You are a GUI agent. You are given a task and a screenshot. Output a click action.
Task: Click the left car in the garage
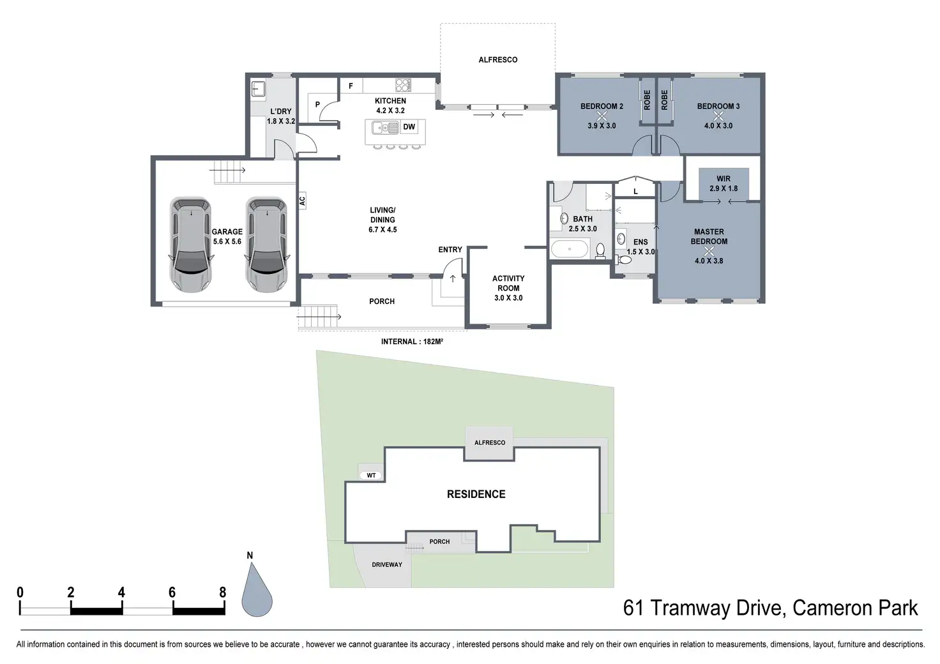pos(190,245)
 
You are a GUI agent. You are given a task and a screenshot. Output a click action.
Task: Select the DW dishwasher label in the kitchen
pos(409,127)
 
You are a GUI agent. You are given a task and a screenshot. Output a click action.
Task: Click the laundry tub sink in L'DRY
pos(259,89)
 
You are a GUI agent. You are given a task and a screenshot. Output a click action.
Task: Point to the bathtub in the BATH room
pos(570,249)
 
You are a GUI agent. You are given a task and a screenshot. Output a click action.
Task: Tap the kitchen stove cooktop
pos(403,85)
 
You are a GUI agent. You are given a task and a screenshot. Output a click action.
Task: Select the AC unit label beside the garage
pos(302,200)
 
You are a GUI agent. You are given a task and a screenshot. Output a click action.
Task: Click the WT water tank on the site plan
pos(371,475)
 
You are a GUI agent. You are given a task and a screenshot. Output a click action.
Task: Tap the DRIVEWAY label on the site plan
pos(387,564)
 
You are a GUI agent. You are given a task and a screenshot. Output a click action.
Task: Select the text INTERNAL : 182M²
pos(412,342)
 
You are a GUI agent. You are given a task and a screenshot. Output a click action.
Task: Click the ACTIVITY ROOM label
pos(508,288)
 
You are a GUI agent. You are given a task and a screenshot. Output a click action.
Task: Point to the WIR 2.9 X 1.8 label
pos(724,184)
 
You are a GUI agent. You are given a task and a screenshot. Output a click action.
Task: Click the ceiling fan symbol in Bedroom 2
pos(602,116)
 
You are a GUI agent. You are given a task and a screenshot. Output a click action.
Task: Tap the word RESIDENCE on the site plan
pos(476,494)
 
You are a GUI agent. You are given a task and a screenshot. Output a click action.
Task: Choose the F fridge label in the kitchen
pos(351,86)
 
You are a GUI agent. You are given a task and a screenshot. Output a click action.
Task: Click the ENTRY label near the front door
pos(450,250)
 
